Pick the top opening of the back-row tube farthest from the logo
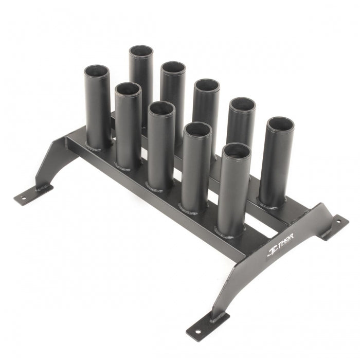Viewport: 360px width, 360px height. (x=141, y=51)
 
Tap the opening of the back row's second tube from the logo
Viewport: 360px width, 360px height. (x=242, y=104)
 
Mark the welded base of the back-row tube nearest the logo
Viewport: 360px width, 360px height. (x=272, y=204)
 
